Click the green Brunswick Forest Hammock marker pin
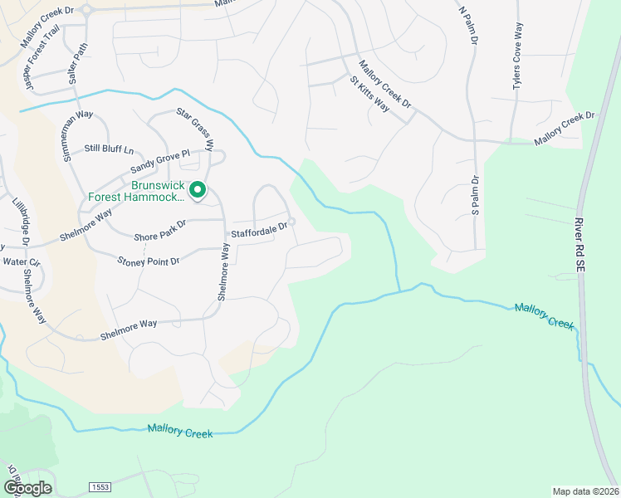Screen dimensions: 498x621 198,191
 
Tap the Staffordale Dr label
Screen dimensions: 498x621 259,226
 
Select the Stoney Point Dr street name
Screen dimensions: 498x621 149,261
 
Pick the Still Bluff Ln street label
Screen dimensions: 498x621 109,149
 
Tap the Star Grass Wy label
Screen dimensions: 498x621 195,129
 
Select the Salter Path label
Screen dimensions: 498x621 78,63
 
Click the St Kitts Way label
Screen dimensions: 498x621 369,95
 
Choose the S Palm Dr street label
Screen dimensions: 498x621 476,195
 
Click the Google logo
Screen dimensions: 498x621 27,487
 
